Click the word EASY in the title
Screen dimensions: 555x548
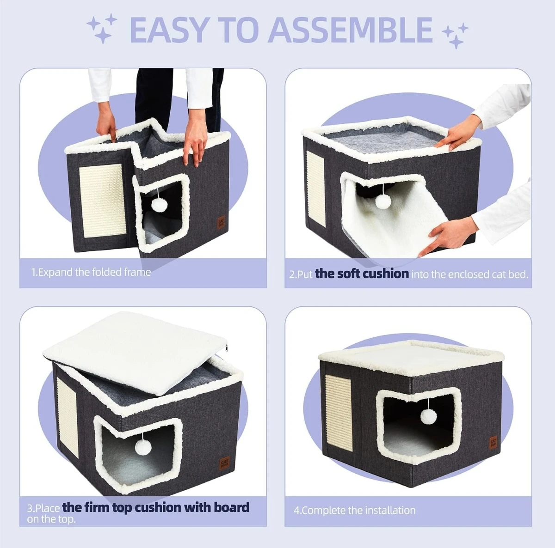point(169,30)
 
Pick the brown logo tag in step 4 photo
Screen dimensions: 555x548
point(493,443)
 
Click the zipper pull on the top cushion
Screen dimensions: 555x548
point(226,348)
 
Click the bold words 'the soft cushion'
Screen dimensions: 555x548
point(362,274)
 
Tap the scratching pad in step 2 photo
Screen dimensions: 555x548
point(315,189)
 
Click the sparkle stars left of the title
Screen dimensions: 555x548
point(102,29)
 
